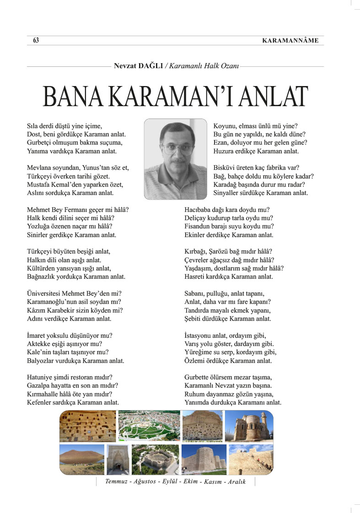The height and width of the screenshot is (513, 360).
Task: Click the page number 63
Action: (36, 41)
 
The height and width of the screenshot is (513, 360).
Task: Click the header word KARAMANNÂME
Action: (290, 41)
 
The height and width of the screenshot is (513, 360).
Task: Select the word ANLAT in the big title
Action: (274, 97)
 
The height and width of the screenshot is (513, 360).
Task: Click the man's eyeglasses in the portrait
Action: (176, 147)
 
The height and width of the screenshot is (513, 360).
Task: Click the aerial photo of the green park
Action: (149, 426)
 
